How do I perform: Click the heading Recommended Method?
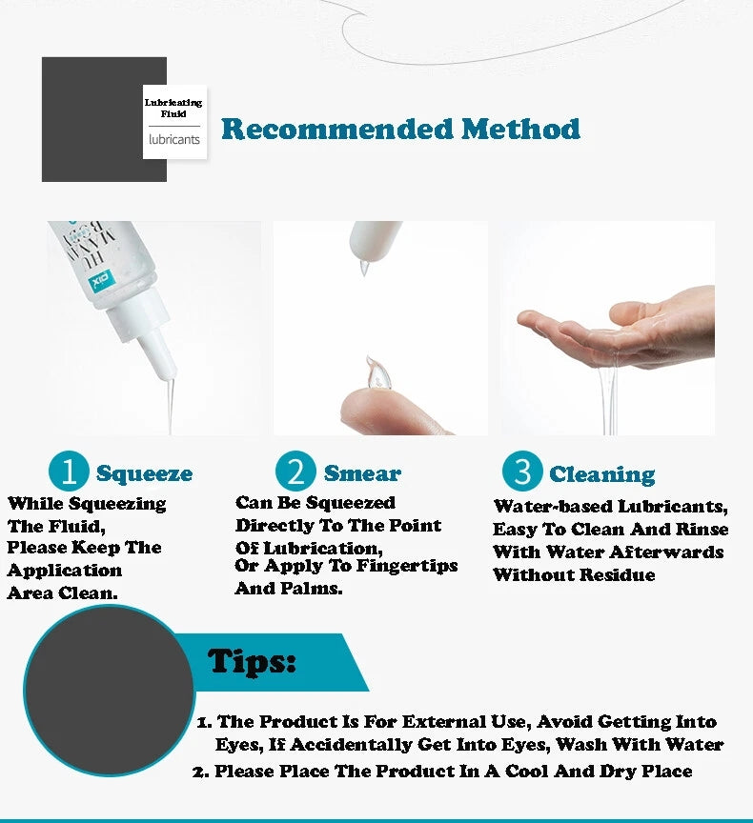pos(400,130)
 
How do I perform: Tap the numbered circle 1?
pos(69,471)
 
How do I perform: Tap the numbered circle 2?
pos(295,471)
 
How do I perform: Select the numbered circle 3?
pos(522,471)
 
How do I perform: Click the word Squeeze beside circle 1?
pos(144,473)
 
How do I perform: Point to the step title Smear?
pos(362,473)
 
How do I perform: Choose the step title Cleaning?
pos(602,474)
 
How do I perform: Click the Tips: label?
pos(252,661)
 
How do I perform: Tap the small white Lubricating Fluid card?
pos(174,122)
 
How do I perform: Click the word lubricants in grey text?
pos(174,140)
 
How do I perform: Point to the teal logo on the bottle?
pos(101,280)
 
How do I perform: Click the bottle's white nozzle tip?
pos(166,373)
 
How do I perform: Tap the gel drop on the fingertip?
pos(379,372)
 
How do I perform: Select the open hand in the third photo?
pos(620,328)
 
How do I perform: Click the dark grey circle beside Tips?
pos(110,690)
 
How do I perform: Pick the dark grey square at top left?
pos(104,119)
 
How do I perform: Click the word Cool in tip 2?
pos(527,771)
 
